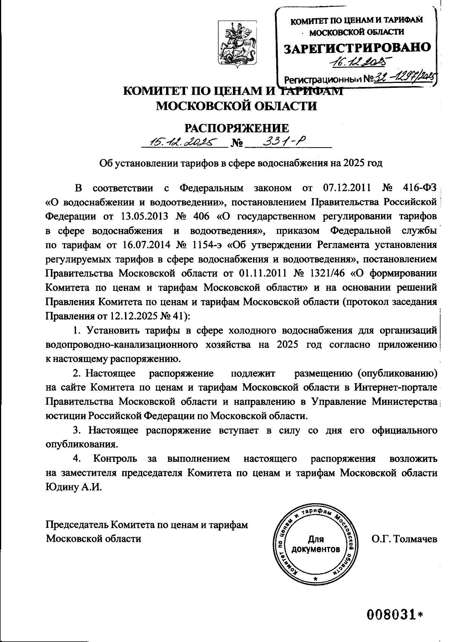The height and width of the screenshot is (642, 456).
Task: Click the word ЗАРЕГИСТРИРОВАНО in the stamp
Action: [x=358, y=48]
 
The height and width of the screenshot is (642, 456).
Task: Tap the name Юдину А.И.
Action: [x=74, y=487]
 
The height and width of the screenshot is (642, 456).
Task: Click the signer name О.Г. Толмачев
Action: [x=404, y=539]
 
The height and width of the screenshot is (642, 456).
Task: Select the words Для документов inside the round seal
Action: [x=315, y=544]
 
